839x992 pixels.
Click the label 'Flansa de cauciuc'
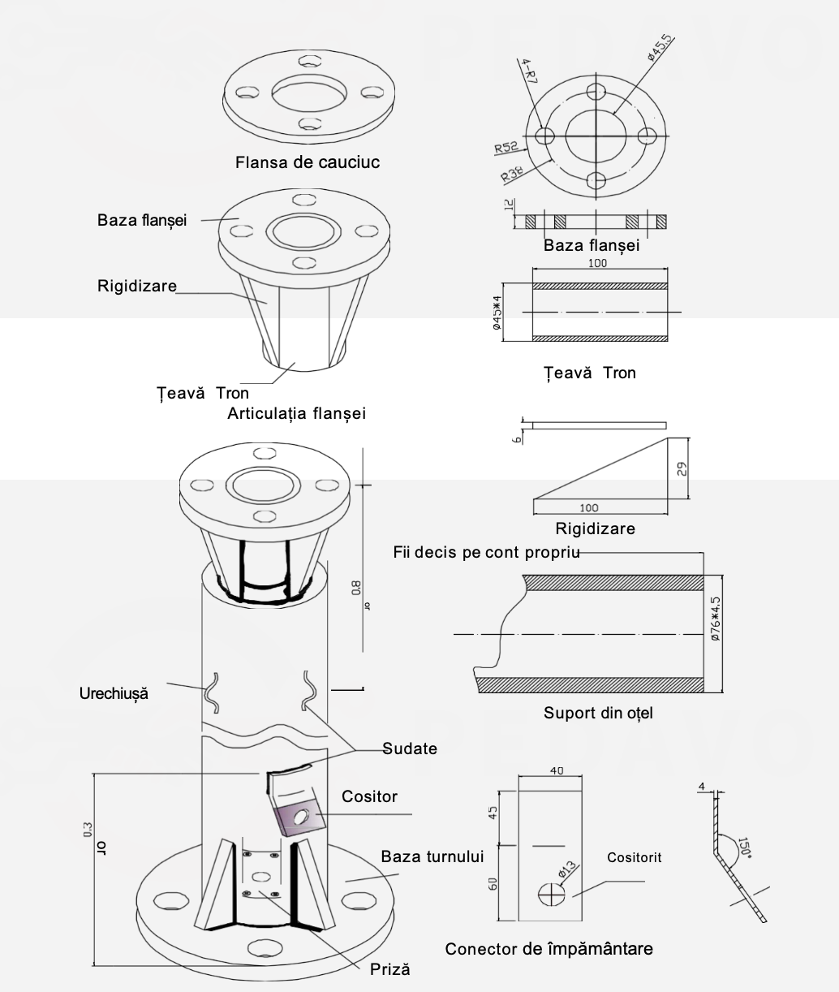[308, 162]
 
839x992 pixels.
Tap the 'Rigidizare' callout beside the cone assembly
[137, 286]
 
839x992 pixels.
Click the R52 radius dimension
[506, 148]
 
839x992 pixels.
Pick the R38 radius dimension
[511, 172]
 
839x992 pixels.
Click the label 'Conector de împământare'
[549, 948]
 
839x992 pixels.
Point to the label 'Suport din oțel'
[598, 714]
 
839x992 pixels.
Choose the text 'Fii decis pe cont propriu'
[485, 553]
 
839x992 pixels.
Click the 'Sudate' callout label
[409, 748]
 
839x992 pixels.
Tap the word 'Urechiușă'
[114, 694]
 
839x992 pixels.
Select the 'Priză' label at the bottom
[390, 969]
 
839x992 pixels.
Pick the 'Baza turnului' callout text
[432, 856]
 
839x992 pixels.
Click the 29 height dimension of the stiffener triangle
[682, 468]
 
